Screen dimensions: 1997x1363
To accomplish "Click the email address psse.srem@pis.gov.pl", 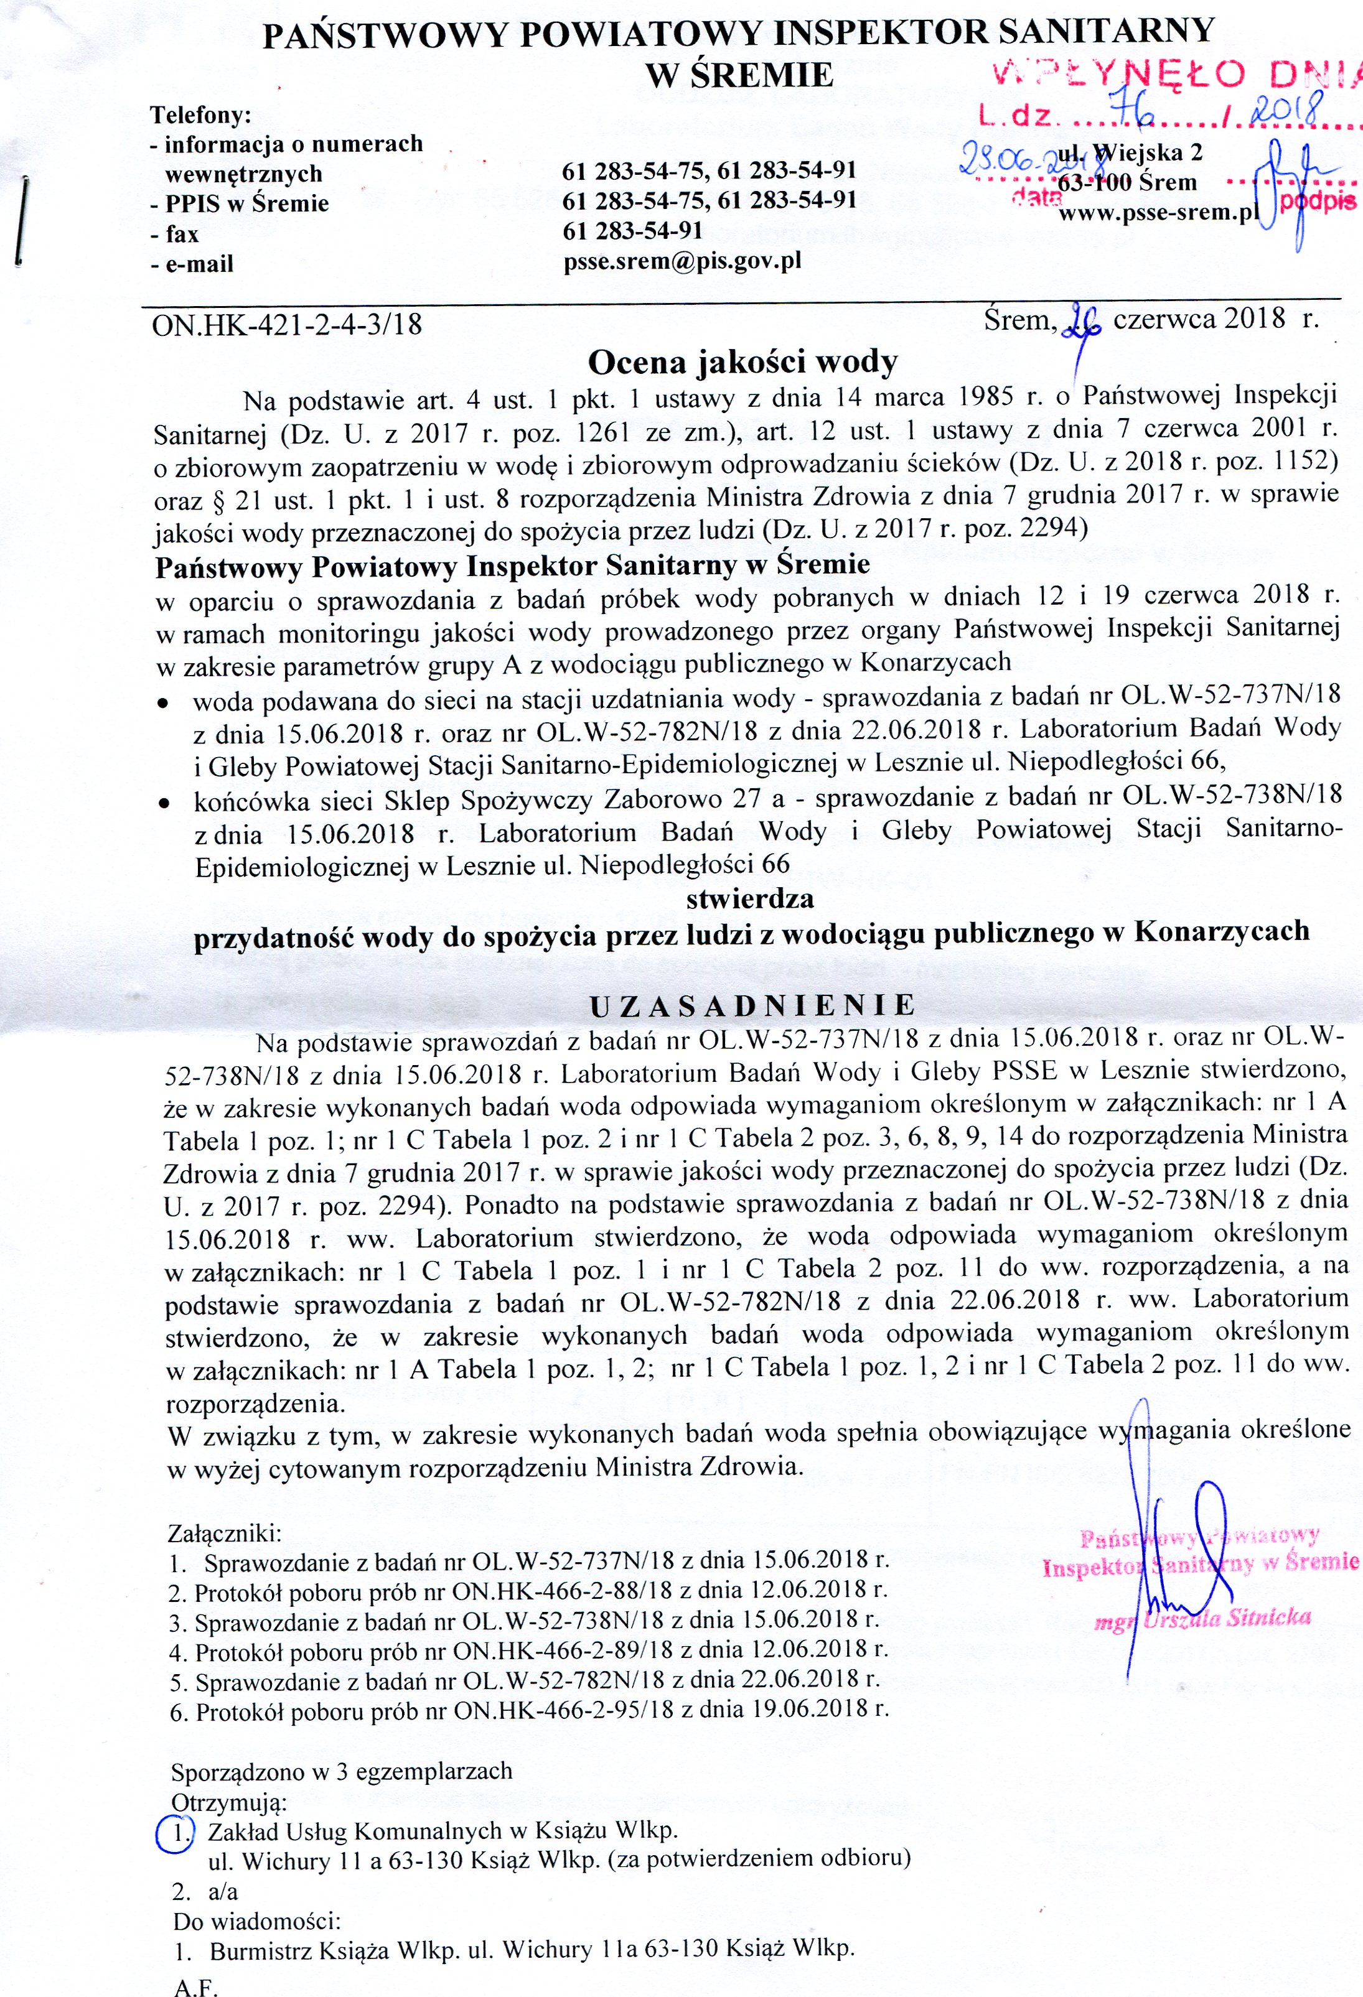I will [x=682, y=261].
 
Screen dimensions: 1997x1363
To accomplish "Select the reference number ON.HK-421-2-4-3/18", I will [x=287, y=325].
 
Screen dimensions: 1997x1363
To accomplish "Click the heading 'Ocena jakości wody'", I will [x=742, y=363].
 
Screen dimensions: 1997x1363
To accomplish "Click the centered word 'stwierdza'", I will [x=749, y=899].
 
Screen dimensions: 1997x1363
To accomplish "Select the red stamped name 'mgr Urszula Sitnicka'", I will [x=1202, y=1619].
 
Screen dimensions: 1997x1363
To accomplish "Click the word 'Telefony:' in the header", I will [x=201, y=114].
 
